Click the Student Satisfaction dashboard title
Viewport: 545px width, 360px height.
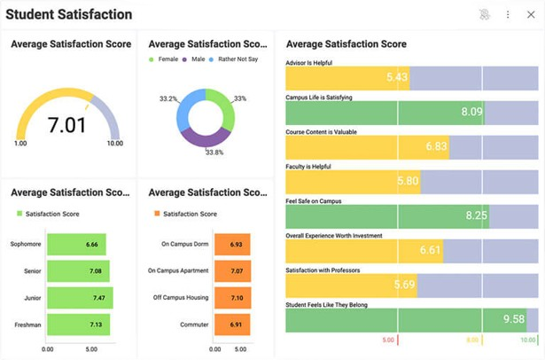coord(69,14)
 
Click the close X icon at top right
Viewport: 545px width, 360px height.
coord(531,14)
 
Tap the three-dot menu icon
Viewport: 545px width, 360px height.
coord(508,14)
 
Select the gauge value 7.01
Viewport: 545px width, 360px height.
coord(67,125)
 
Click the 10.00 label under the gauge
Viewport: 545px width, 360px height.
coord(114,144)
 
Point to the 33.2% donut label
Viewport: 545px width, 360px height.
coord(169,98)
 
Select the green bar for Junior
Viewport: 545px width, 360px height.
coord(80,299)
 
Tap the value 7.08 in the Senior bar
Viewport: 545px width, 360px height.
coord(92,271)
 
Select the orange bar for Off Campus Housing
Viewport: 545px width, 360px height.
coord(232,299)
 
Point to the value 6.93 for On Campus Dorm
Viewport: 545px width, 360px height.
coord(235,244)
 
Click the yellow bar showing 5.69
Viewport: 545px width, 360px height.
coord(346,285)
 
